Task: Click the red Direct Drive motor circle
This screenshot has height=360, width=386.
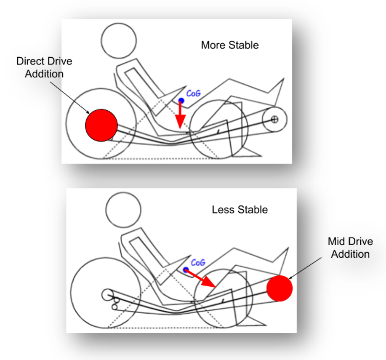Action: (101, 125)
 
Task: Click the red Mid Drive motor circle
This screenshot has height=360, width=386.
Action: (280, 288)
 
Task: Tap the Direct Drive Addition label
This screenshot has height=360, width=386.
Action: (44, 67)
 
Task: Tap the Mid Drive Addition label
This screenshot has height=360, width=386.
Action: (350, 248)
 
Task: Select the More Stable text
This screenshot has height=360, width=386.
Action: (229, 45)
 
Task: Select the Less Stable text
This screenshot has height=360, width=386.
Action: (240, 209)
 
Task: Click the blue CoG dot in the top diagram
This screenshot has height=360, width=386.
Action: (181, 101)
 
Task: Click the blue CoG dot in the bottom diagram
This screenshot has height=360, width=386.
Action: (186, 269)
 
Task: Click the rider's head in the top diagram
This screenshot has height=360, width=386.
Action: (119, 41)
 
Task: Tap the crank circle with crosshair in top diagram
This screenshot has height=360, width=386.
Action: (274, 119)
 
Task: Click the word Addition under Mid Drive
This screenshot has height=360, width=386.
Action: (350, 254)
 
